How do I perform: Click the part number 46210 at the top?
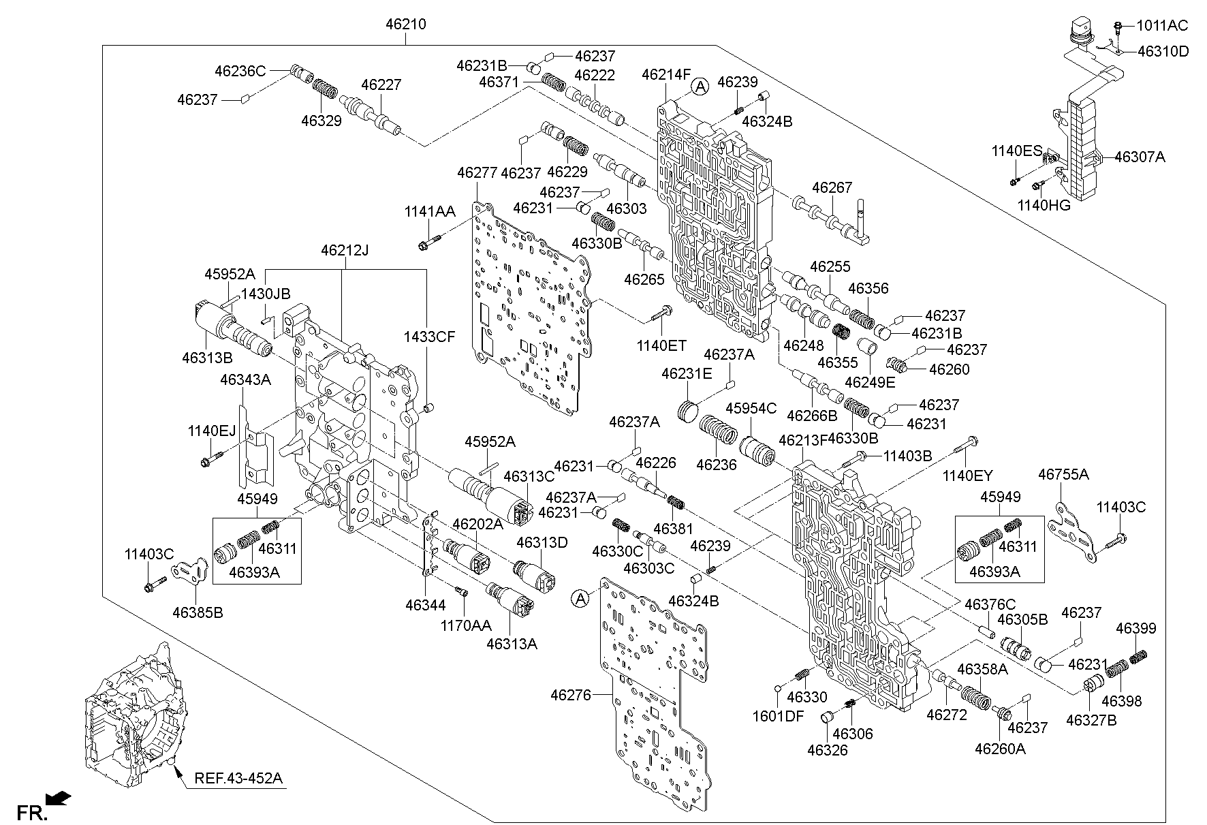(x=405, y=25)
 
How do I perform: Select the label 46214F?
(x=666, y=74)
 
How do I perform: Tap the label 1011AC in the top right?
(x=1162, y=26)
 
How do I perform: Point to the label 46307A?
(x=1140, y=157)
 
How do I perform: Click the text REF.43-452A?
(x=238, y=778)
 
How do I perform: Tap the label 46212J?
(x=344, y=251)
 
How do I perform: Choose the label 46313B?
(x=207, y=357)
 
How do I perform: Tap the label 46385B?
(x=198, y=612)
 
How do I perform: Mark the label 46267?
(x=832, y=188)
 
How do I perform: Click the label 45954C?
(x=751, y=408)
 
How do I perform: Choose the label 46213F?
(x=802, y=440)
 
